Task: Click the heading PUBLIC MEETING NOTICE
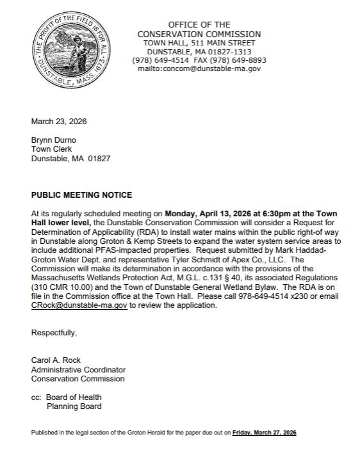click(81, 195)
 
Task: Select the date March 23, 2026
click(59, 122)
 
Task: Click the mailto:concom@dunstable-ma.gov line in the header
click(199, 68)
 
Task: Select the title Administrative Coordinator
click(78, 369)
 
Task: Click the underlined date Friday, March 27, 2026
click(264, 433)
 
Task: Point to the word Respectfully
click(54, 332)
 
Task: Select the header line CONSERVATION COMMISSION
click(199, 34)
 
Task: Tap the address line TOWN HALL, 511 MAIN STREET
click(199, 43)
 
